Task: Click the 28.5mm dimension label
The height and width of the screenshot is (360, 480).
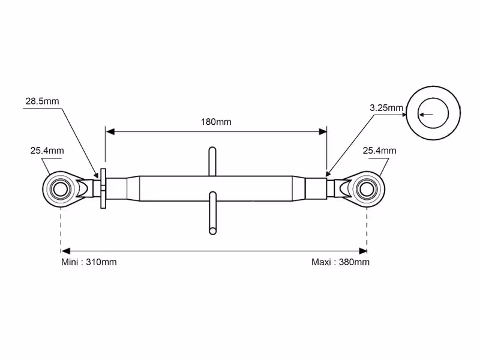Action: (x=42, y=101)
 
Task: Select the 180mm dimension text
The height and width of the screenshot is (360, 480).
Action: (x=216, y=122)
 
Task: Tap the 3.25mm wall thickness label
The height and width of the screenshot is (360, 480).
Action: (x=386, y=108)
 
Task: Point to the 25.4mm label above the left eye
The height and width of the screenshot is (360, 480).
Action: (x=47, y=151)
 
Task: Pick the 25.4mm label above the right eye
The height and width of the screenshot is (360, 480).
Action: (x=379, y=151)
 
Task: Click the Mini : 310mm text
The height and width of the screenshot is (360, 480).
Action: (x=89, y=262)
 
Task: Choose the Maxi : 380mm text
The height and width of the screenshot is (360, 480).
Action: (x=340, y=262)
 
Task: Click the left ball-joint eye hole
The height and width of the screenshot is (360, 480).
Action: (x=61, y=189)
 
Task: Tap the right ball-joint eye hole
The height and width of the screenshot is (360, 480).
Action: (x=367, y=189)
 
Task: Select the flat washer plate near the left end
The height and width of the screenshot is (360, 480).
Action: (x=103, y=188)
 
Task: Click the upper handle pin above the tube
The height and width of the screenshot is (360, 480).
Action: (x=212, y=161)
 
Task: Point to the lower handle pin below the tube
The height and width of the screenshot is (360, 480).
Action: (x=212, y=213)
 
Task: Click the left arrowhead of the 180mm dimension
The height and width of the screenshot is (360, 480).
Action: (x=110, y=131)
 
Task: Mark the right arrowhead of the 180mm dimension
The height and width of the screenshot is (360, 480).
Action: (x=322, y=131)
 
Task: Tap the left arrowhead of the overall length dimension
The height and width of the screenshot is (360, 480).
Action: (x=65, y=251)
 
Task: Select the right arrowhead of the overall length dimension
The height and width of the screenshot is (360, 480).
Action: (x=363, y=251)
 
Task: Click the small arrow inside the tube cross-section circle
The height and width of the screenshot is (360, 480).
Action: (x=426, y=115)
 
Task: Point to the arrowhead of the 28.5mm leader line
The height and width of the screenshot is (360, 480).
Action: (x=96, y=175)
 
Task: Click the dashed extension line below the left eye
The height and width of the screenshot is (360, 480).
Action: (x=61, y=230)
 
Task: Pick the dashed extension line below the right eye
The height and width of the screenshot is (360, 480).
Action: (x=367, y=230)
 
